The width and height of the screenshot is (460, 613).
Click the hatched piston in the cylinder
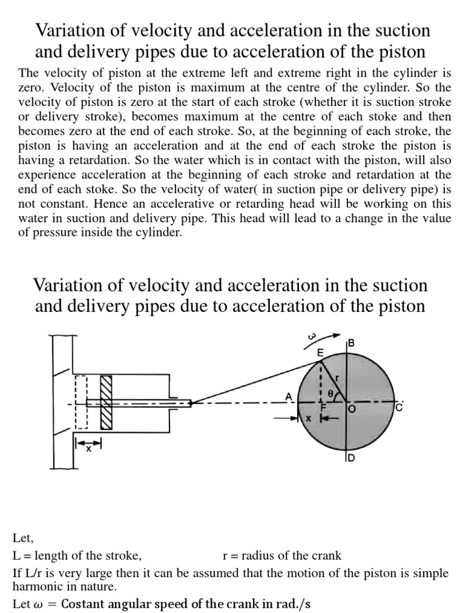coord(107,402)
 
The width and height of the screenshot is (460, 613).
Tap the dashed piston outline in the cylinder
coord(81,402)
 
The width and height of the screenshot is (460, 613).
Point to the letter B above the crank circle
coord(352,343)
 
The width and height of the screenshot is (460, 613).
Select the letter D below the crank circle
coord(352,459)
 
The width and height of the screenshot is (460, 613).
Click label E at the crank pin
coord(320,354)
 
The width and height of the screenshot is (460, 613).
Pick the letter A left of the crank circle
coord(289,396)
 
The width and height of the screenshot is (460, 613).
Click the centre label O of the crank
coord(352,409)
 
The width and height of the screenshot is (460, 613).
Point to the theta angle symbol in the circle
coord(330,394)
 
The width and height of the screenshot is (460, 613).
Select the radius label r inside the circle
coord(337,378)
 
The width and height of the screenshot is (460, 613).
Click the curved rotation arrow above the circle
coord(329,336)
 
